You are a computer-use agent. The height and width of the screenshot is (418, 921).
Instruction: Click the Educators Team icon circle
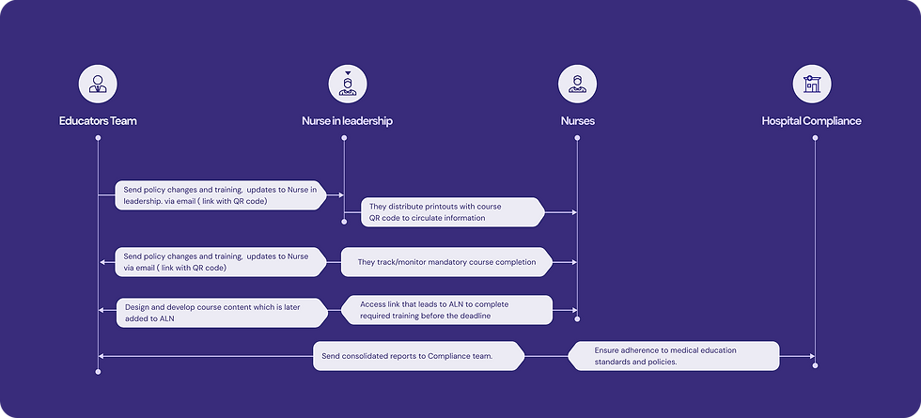pyautogui.click(x=98, y=84)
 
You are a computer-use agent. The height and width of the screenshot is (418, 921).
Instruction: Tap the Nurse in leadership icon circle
pyautogui.click(x=348, y=84)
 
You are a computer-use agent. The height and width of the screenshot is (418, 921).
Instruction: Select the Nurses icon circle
pyautogui.click(x=577, y=84)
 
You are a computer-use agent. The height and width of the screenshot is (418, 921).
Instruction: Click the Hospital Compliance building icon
pyautogui.click(x=812, y=84)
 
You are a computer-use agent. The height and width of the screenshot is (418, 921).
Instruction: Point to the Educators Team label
pyautogui.click(x=98, y=121)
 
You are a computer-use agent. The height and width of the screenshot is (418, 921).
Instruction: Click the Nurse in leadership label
pyautogui.click(x=347, y=121)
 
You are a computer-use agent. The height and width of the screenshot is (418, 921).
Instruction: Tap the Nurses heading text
pyautogui.click(x=577, y=121)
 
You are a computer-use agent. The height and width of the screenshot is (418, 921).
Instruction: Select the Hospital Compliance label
pyautogui.click(x=812, y=121)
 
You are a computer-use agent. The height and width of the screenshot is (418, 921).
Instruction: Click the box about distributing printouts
pyautogui.click(x=453, y=212)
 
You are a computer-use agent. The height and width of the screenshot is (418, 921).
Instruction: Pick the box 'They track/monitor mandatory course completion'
pyautogui.click(x=447, y=262)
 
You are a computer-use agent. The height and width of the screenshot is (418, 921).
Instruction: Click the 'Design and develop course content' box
pyautogui.click(x=222, y=313)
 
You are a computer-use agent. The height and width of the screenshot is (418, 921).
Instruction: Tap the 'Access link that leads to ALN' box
pyautogui.click(x=447, y=310)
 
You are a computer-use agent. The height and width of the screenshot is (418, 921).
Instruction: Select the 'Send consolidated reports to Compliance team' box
pyautogui.click(x=419, y=356)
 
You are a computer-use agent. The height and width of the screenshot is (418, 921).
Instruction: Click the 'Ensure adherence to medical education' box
pyautogui.click(x=674, y=356)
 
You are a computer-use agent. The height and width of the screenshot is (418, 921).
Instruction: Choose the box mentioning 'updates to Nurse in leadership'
pyautogui.click(x=221, y=195)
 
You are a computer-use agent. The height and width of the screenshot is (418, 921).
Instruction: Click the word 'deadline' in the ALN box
pyautogui.click(x=476, y=316)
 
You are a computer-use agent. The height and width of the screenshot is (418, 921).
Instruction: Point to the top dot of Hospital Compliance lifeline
pyautogui.click(x=815, y=138)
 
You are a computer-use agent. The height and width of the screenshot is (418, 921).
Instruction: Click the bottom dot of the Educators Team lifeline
pyautogui.click(x=98, y=372)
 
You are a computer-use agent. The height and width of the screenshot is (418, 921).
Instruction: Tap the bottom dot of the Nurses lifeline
pyautogui.click(x=577, y=319)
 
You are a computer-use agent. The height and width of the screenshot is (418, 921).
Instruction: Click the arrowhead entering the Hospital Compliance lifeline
pyautogui.click(x=812, y=356)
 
